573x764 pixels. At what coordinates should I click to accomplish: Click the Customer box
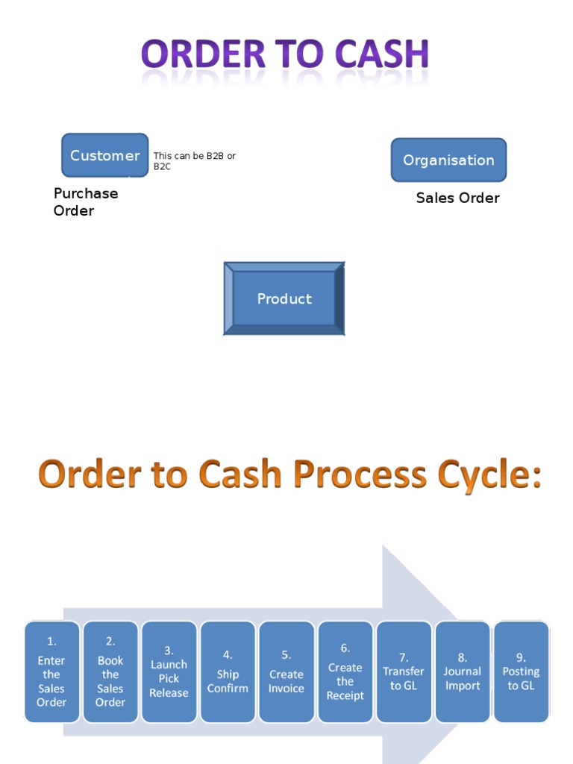pyautogui.click(x=104, y=155)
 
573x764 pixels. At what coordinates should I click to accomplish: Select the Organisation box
pyautogui.click(x=448, y=160)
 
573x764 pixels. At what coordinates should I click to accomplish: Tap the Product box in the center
pyautogui.click(x=284, y=298)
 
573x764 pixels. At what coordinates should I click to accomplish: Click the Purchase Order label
pyautogui.click(x=85, y=202)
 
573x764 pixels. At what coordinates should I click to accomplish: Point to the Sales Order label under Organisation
pyautogui.click(x=457, y=198)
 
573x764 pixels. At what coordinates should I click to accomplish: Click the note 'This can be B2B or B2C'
pyautogui.click(x=194, y=161)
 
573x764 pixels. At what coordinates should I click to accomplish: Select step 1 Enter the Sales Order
pyautogui.click(x=51, y=671)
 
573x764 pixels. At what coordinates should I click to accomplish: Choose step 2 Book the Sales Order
pyautogui.click(x=110, y=671)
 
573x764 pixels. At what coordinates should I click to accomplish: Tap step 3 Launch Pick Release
pyautogui.click(x=169, y=671)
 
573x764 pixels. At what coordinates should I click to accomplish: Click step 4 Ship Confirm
pyautogui.click(x=228, y=671)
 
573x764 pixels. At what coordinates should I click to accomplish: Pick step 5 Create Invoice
pyautogui.click(x=286, y=671)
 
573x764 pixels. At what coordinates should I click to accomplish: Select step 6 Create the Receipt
pyautogui.click(x=345, y=671)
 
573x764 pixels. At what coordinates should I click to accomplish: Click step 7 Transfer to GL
pyautogui.click(x=404, y=671)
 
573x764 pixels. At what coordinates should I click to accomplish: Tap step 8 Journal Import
pyautogui.click(x=463, y=671)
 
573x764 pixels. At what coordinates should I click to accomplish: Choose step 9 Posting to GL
pyautogui.click(x=521, y=671)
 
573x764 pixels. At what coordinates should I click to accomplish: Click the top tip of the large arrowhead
pyautogui.click(x=384, y=547)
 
